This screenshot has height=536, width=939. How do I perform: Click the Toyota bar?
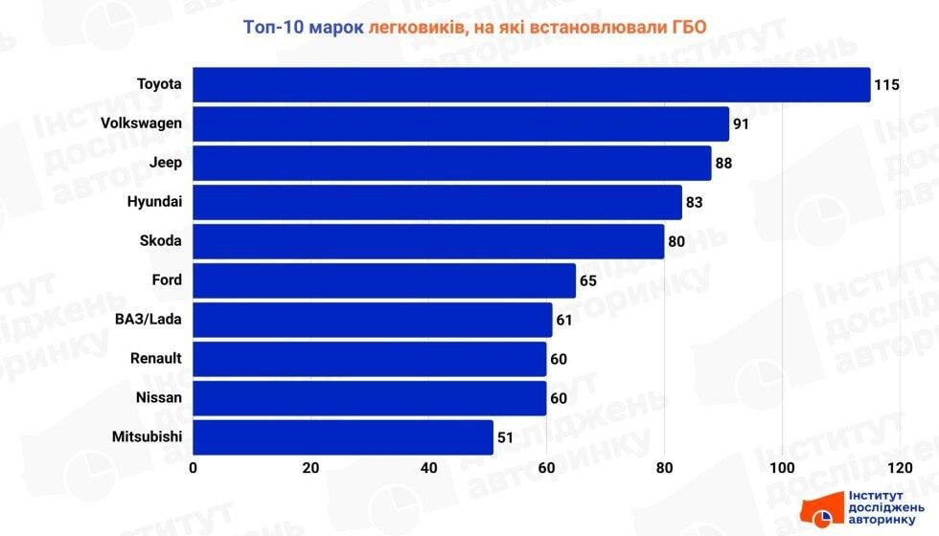(532, 84)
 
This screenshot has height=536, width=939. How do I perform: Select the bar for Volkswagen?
(461, 123)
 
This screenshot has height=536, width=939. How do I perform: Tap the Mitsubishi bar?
(343, 437)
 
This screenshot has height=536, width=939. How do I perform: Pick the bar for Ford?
(384, 280)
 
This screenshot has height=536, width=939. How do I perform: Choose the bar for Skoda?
(428, 241)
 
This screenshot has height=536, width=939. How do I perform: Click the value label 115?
(886, 85)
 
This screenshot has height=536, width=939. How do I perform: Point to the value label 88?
(723, 164)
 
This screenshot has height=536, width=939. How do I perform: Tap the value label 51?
(506, 438)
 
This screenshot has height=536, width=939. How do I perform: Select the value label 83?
(694, 203)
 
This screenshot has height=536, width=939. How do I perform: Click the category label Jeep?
(166, 163)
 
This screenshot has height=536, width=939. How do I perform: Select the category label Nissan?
(159, 398)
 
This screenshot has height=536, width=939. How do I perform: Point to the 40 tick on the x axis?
(428, 468)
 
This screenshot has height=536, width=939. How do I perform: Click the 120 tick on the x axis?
(899, 468)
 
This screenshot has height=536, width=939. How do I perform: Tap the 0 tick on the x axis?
(194, 468)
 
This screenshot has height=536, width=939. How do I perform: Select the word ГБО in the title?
(686, 27)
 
